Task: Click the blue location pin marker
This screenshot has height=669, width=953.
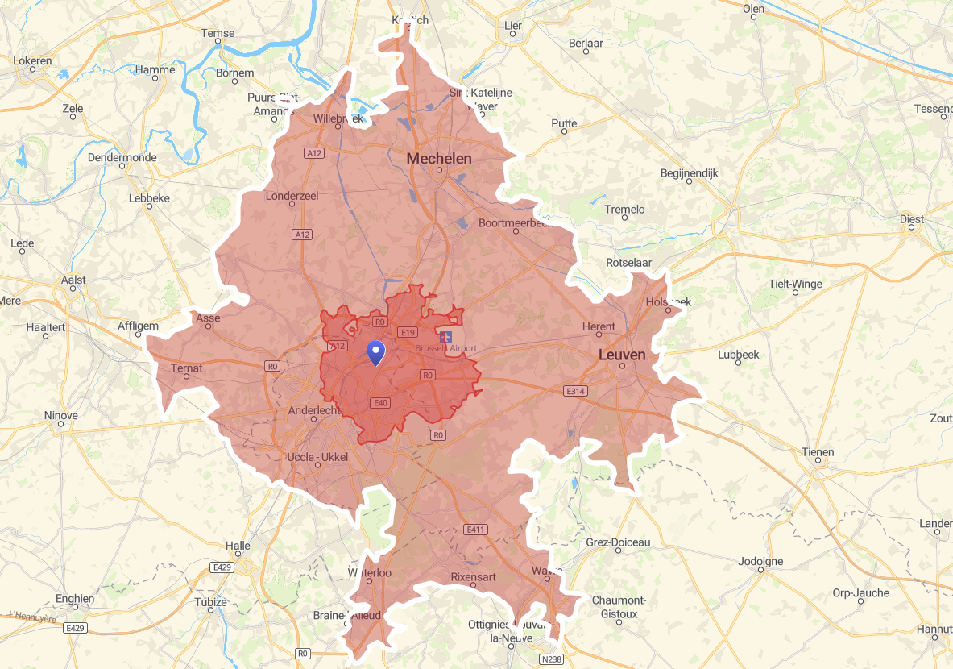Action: click(375, 353)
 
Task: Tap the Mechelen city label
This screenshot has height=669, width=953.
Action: click(439, 159)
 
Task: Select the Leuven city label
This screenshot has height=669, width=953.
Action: click(622, 355)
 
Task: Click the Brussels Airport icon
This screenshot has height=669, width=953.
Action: click(446, 336)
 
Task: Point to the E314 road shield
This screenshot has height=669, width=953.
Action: click(574, 391)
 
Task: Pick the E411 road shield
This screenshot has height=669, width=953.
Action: click(476, 530)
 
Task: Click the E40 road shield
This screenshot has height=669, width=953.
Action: click(380, 402)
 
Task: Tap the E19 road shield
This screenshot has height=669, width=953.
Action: click(407, 332)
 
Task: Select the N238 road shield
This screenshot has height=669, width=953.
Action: click(551, 659)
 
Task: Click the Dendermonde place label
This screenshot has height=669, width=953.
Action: click(122, 157)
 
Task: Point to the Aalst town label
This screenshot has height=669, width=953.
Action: click(73, 280)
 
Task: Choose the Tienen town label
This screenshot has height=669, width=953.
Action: click(818, 452)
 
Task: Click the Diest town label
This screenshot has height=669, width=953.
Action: click(912, 219)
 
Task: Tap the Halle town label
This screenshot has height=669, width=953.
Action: click(238, 546)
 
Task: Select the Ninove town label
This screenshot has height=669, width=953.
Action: click(61, 416)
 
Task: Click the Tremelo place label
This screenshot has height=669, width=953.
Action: click(624, 210)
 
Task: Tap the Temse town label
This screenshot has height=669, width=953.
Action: click(218, 33)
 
